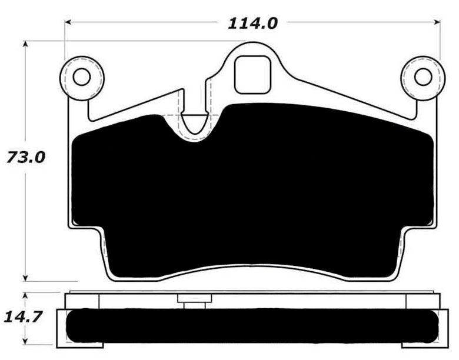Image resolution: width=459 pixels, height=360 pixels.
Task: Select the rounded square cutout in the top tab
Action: pyautogui.click(x=252, y=75)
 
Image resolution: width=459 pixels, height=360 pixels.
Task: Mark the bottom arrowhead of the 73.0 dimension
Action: pyautogui.click(x=25, y=278)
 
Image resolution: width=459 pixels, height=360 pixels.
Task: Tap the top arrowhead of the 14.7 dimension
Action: pyautogui.click(x=25, y=296)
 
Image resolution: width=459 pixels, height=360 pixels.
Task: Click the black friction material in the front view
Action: pyautogui.click(x=253, y=188)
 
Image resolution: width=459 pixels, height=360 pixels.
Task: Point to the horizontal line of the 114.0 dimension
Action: pyautogui.click(x=147, y=23)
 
